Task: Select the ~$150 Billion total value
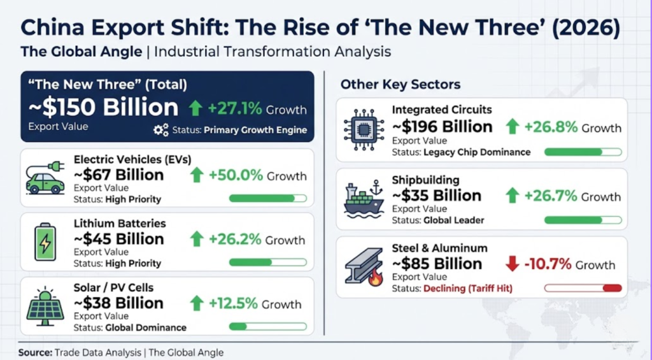(103, 108)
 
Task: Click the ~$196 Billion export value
(442, 127)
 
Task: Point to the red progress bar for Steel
(611, 289)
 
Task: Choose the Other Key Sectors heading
(400, 84)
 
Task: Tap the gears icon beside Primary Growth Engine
(161, 130)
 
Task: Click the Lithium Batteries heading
(120, 224)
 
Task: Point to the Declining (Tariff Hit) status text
(468, 289)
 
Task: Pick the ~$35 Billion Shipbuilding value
(436, 196)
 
